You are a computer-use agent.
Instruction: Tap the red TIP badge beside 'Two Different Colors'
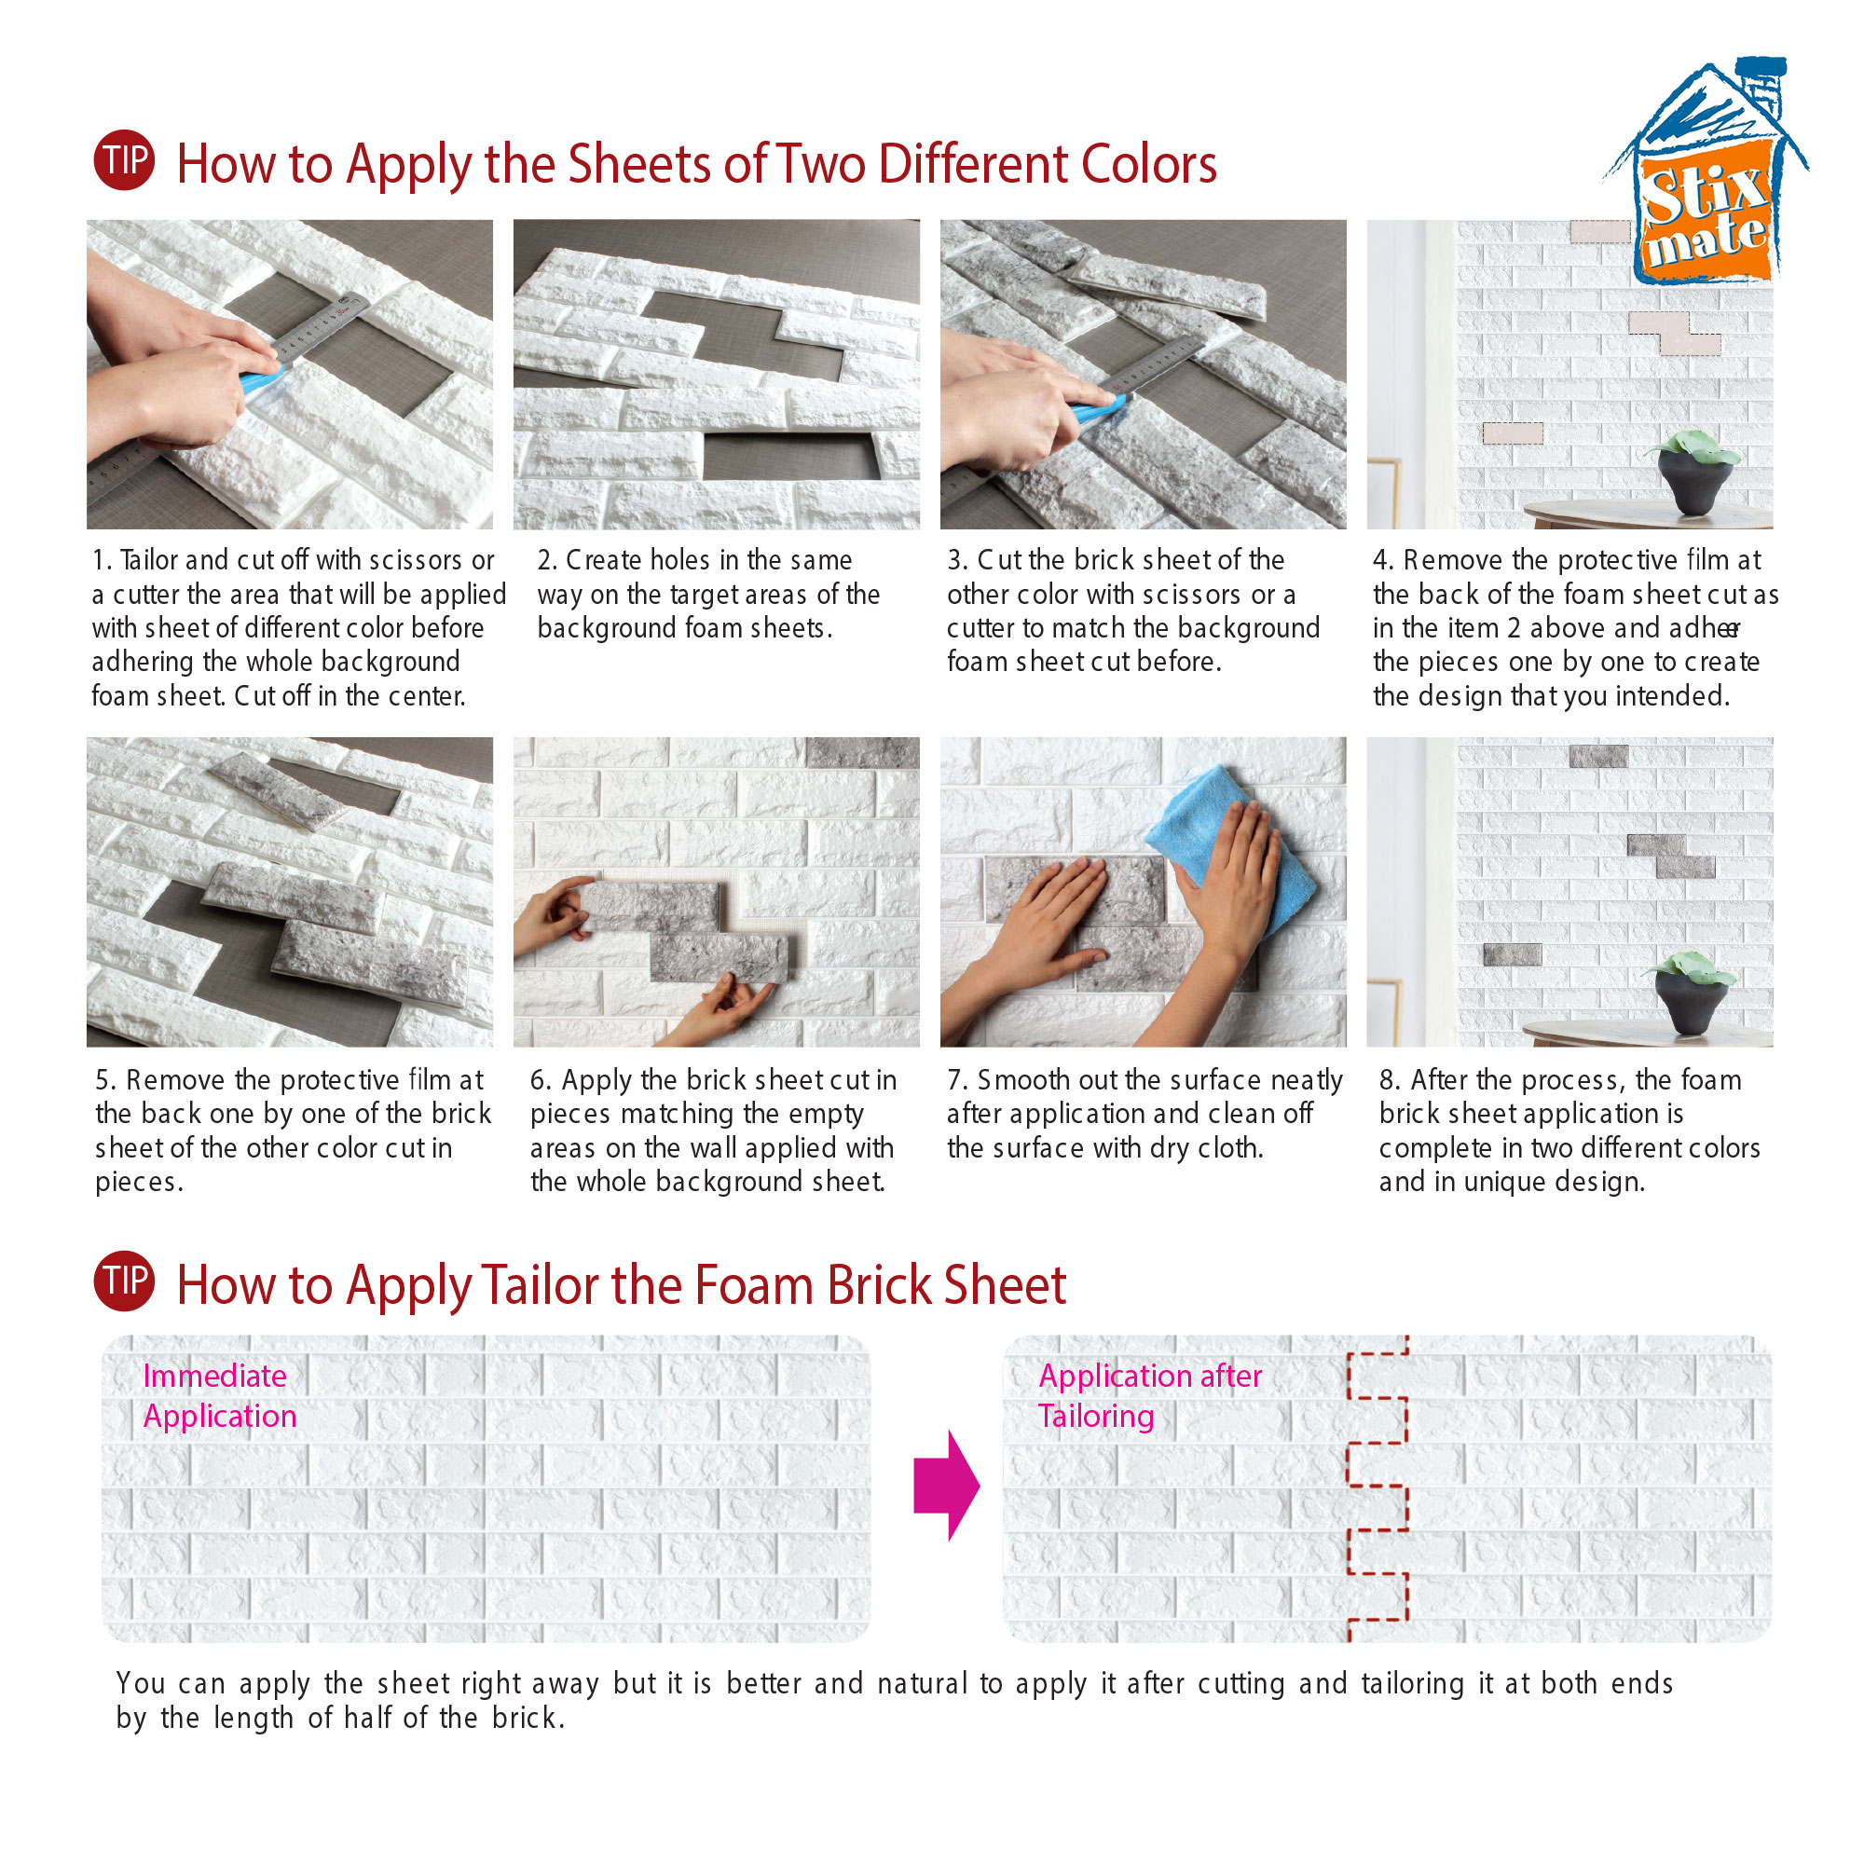[x=124, y=159]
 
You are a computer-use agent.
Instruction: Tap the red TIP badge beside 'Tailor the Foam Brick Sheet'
[x=124, y=1281]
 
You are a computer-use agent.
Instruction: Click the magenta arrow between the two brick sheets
[x=947, y=1485]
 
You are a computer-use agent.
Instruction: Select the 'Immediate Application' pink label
[x=219, y=1395]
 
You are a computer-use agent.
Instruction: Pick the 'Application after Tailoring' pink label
[x=1150, y=1395]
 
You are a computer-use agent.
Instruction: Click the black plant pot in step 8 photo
[x=1692, y=999]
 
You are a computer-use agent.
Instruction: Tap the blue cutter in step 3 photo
[x=1098, y=411]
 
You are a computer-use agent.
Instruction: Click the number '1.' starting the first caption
[x=103, y=560]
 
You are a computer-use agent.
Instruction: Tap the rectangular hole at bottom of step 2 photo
[x=791, y=457]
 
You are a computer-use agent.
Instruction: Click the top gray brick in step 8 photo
[x=1597, y=757]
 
